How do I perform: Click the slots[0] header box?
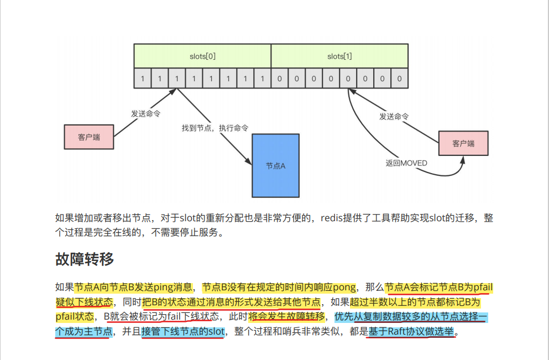tap(202, 56)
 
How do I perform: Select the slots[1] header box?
tap(339, 56)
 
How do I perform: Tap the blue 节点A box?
tap(276, 165)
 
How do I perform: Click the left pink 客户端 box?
tap(89, 137)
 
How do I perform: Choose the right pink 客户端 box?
tap(463, 143)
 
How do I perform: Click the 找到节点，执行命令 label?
tap(215, 128)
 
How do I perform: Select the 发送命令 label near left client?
tap(146, 113)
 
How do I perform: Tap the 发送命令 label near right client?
tap(394, 117)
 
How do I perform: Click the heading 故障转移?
tap(85, 259)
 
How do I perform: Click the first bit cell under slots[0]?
tap(143, 79)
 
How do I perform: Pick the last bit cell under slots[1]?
tap(400, 79)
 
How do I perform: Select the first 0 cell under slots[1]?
tap(280, 79)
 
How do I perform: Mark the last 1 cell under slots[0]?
tap(263, 79)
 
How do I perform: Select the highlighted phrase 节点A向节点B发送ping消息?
tap(133, 287)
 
